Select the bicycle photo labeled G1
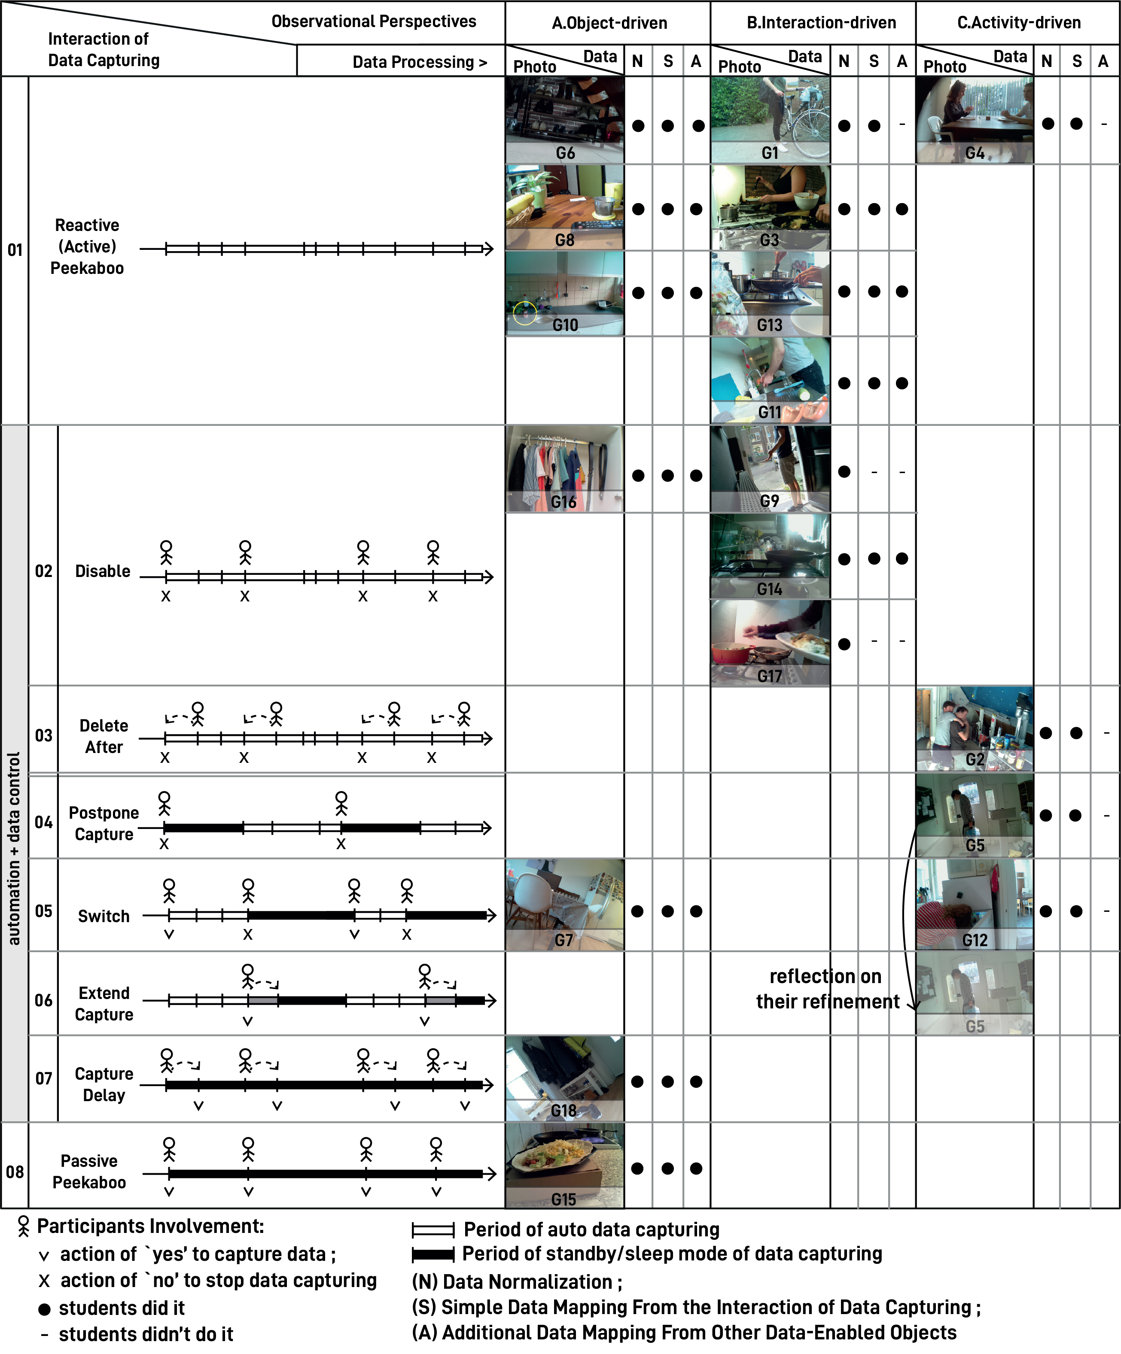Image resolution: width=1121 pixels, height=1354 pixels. click(x=770, y=119)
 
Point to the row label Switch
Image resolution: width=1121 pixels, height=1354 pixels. click(x=104, y=916)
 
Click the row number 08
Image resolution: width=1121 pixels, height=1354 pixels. click(x=15, y=1172)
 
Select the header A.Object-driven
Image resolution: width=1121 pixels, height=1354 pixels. click(x=609, y=23)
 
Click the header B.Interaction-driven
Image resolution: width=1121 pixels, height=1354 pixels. click(x=822, y=23)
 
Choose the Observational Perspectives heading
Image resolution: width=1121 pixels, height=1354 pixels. click(x=374, y=21)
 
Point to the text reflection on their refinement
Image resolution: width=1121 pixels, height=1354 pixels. click(x=828, y=988)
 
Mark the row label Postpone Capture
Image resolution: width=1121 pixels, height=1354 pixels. click(x=104, y=823)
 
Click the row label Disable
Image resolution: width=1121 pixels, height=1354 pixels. click(x=103, y=571)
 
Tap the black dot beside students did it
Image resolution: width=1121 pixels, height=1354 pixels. click(x=45, y=1309)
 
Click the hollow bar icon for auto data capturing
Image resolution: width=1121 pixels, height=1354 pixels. click(x=433, y=1230)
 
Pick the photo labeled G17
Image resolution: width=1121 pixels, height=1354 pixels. click(x=770, y=643)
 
